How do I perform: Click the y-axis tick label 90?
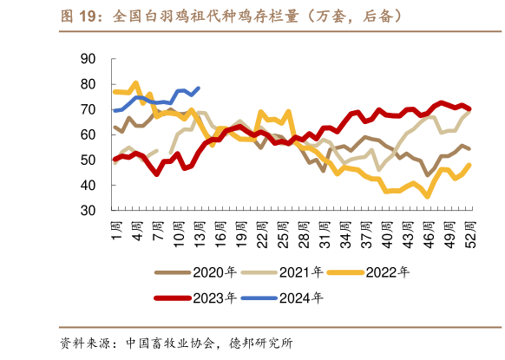click(x=87, y=59)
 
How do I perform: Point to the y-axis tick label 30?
click(x=87, y=211)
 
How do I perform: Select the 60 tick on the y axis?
click(x=87, y=135)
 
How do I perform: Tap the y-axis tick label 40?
click(x=87, y=186)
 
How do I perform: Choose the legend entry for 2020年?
click(x=195, y=272)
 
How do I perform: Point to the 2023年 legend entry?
click(x=195, y=298)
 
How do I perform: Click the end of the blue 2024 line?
click(x=199, y=88)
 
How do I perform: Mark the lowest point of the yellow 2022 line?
click(x=428, y=197)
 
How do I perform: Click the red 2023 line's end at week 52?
click(x=469, y=109)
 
